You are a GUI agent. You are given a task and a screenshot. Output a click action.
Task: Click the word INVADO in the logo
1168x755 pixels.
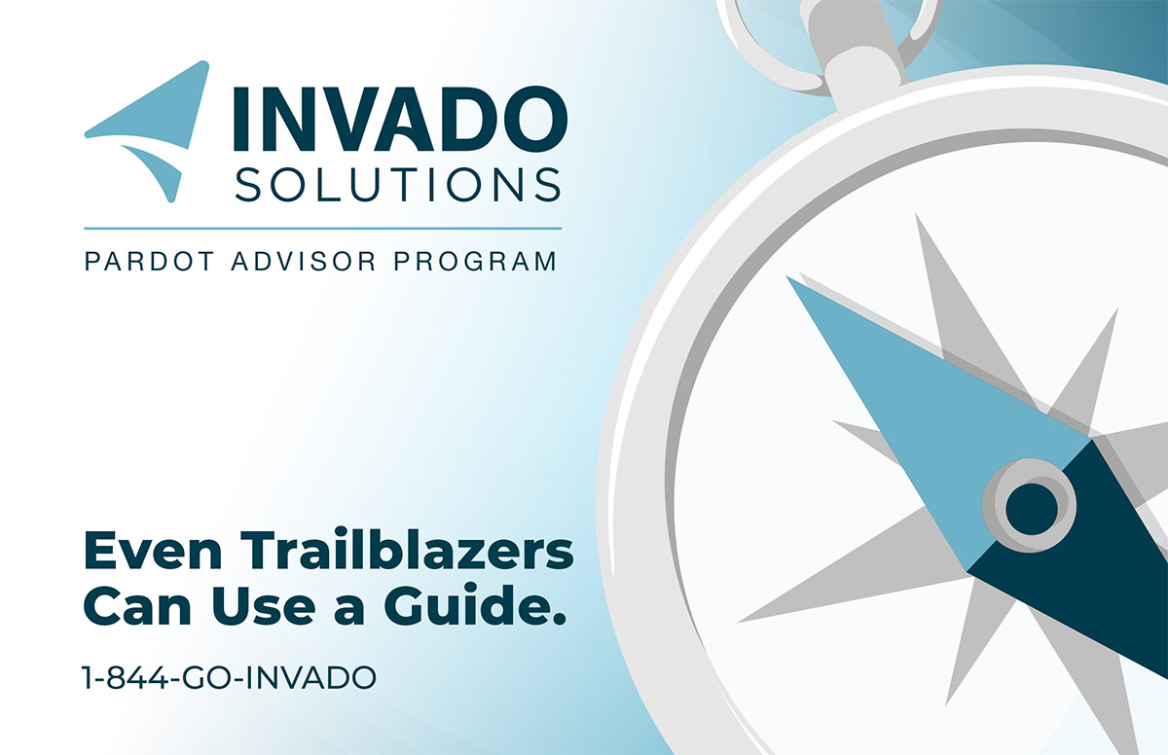point(400,119)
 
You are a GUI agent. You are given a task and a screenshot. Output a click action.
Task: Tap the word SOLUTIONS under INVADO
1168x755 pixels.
point(398,185)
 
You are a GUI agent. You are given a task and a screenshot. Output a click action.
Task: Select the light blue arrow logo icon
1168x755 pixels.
point(147,131)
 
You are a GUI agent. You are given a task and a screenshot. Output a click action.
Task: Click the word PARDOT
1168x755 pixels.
point(149,262)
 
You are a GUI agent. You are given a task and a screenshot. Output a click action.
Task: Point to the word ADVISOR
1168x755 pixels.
point(304,262)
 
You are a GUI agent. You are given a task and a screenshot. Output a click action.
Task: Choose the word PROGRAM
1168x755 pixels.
point(475,262)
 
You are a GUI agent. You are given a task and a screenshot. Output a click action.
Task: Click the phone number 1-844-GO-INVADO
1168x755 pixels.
point(229,677)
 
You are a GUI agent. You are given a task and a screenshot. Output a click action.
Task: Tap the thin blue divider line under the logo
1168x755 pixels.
point(323,229)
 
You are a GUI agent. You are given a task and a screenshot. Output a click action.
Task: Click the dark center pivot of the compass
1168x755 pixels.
point(1032,509)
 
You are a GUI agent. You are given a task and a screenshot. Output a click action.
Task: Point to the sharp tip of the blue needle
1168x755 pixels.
point(787,277)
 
